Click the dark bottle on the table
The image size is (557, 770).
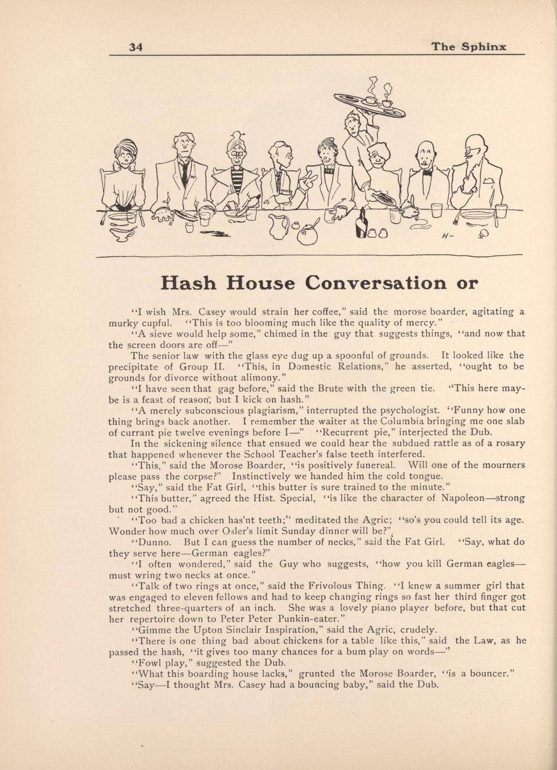pyautogui.click(x=362, y=225)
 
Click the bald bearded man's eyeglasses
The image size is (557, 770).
pyautogui.click(x=475, y=149)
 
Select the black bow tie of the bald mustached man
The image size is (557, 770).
pyautogui.click(x=428, y=172)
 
